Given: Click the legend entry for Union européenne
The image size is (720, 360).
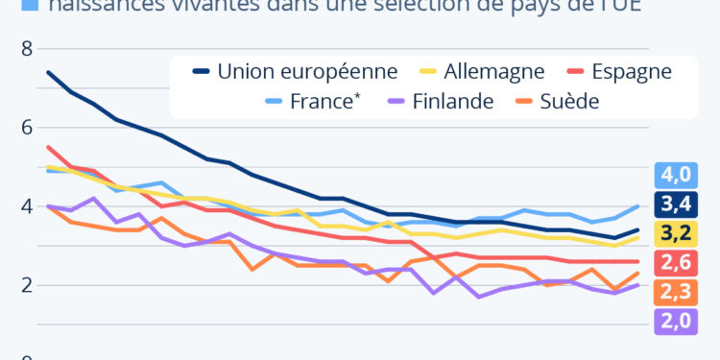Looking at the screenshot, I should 294,71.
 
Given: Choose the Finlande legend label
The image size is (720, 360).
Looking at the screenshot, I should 451,101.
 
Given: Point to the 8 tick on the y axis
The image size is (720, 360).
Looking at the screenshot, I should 27,48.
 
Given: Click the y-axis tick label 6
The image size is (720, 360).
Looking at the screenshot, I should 27,128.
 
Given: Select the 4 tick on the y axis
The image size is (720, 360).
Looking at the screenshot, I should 27,206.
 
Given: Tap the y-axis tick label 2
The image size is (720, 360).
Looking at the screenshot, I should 27,285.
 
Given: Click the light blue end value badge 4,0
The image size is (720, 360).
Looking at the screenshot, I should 675,176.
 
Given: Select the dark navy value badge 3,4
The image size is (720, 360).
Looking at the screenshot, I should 675,204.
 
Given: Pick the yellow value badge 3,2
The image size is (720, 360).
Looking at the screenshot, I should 675,232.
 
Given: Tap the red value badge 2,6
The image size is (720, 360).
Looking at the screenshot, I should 675,262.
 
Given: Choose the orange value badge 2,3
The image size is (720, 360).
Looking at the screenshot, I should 675,291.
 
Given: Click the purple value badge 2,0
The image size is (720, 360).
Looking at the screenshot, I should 675,321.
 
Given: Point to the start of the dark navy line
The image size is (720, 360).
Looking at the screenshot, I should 48,72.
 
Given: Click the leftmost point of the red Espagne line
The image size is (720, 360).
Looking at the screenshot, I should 48,147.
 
